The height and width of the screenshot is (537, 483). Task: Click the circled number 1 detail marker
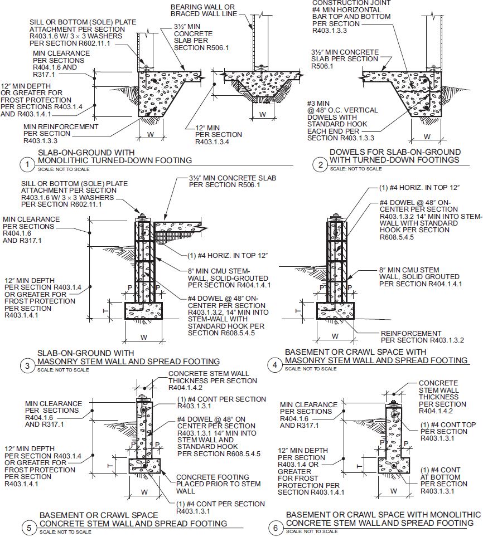26,164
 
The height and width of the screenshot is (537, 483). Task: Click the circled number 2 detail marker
320,164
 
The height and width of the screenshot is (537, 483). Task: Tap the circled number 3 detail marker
26,365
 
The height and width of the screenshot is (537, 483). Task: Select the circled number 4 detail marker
275,365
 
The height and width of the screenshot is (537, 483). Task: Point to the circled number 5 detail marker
26,526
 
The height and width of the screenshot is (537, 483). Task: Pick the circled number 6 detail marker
275,526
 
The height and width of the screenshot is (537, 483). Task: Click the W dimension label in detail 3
143,337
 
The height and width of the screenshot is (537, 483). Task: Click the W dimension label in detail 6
393,491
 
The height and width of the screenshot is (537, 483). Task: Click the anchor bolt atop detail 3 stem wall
143,216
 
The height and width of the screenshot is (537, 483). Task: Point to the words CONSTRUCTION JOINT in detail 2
345,3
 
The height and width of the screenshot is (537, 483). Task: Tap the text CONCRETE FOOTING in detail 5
212,477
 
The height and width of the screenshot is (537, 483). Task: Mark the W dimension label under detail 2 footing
427,136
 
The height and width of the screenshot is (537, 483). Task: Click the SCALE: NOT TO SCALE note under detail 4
310,369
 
